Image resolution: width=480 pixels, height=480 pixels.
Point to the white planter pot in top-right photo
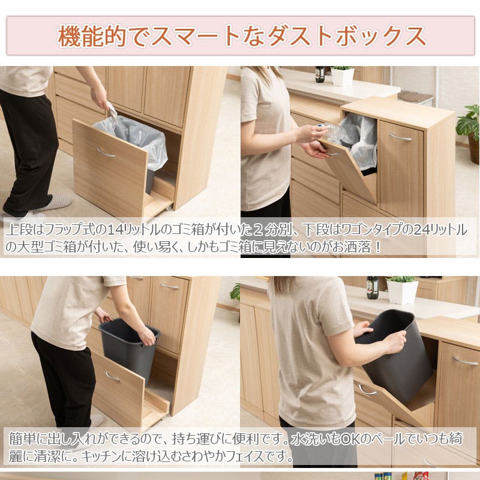(x=343, y=76)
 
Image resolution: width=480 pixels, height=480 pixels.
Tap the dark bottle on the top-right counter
(x=320, y=74)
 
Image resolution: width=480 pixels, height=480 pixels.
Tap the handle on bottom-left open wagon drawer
(x=112, y=376)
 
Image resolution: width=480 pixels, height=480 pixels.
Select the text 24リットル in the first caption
(x=442, y=230)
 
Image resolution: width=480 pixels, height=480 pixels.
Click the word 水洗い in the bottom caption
(x=310, y=439)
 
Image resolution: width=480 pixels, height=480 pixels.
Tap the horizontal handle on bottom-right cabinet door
(x=465, y=360)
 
